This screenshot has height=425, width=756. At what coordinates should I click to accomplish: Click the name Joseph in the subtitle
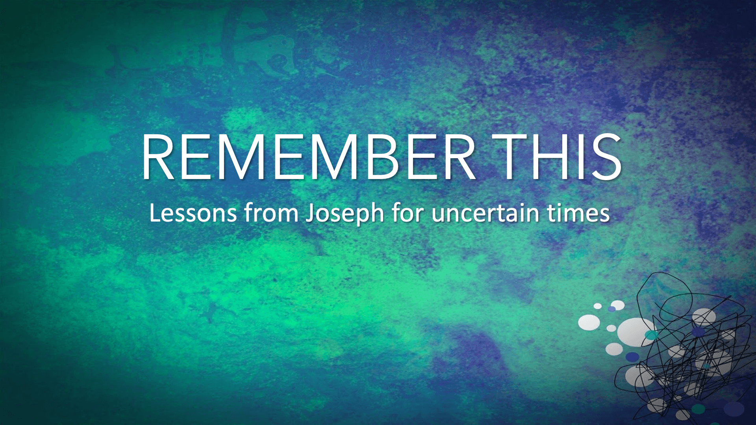coord(345,214)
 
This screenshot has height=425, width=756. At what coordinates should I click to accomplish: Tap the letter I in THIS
coord(578,157)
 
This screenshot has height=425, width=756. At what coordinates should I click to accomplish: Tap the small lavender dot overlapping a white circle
coord(611,309)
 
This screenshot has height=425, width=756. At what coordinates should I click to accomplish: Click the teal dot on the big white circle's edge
coord(651,335)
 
